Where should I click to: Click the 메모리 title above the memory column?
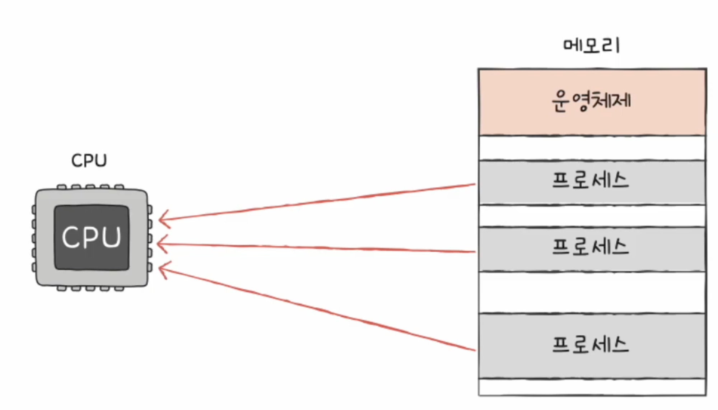pyautogui.click(x=591, y=46)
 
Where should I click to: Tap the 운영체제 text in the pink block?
pyautogui.click(x=591, y=101)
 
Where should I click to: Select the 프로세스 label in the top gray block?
pyautogui.click(x=591, y=180)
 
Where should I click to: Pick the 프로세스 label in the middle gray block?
pyautogui.click(x=591, y=247)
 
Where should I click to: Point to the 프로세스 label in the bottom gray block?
pyautogui.click(x=591, y=345)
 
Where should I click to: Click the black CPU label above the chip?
pyautogui.click(x=89, y=160)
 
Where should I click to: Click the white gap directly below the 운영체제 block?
pyautogui.click(x=592, y=148)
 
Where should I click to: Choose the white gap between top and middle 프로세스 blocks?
pyautogui.click(x=592, y=216)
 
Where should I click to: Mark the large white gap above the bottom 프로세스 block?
pyautogui.click(x=592, y=292)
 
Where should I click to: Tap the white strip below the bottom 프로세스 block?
pyautogui.click(x=592, y=387)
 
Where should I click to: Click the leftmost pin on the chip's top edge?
pyautogui.click(x=62, y=187)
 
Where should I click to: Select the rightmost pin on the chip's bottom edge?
pyautogui.click(x=119, y=288)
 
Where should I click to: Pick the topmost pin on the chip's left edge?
pyautogui.click(x=34, y=210)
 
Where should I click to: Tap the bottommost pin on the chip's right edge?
pyautogui.click(x=150, y=267)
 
